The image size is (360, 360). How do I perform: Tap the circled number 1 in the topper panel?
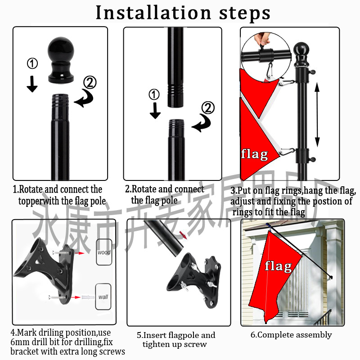(x=32, y=63)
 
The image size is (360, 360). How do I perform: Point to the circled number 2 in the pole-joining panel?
(x=208, y=108)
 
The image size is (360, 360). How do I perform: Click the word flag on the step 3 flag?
(x=255, y=154)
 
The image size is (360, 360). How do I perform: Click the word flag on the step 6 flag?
(x=278, y=266)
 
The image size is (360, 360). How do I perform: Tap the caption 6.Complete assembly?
(x=291, y=335)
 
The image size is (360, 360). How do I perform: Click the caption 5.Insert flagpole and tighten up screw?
(x=176, y=340)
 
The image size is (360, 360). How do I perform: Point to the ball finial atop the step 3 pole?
(x=300, y=49)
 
